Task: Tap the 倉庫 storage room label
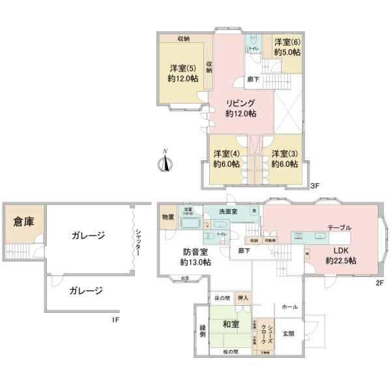[23, 222]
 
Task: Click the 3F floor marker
[315, 186]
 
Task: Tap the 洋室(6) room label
[287, 41]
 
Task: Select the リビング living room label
[240, 103]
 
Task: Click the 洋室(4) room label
[226, 154]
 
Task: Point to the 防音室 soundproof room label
[195, 252]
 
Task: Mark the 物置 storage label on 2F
[167, 216]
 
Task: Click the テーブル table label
[339, 227]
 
